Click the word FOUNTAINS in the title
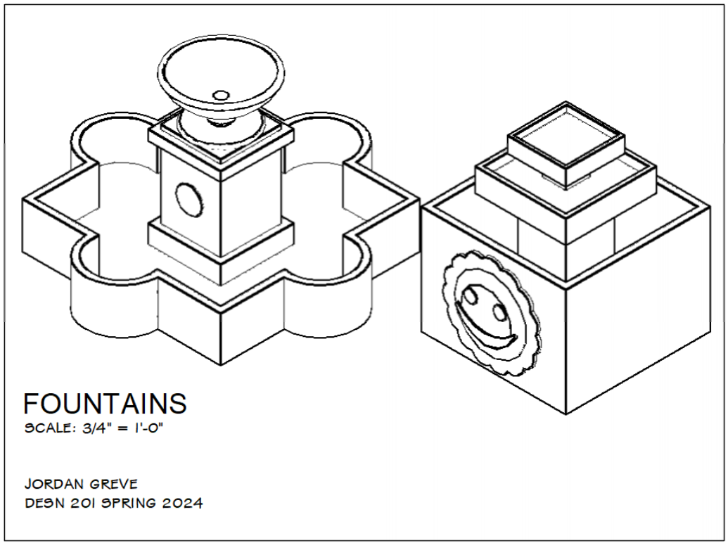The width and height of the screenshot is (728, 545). [106, 404]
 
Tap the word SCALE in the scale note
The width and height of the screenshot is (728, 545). [46, 428]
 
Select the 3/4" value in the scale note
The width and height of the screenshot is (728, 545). [93, 428]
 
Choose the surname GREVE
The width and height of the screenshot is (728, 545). [113, 484]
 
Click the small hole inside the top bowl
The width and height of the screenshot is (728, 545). [221, 94]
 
